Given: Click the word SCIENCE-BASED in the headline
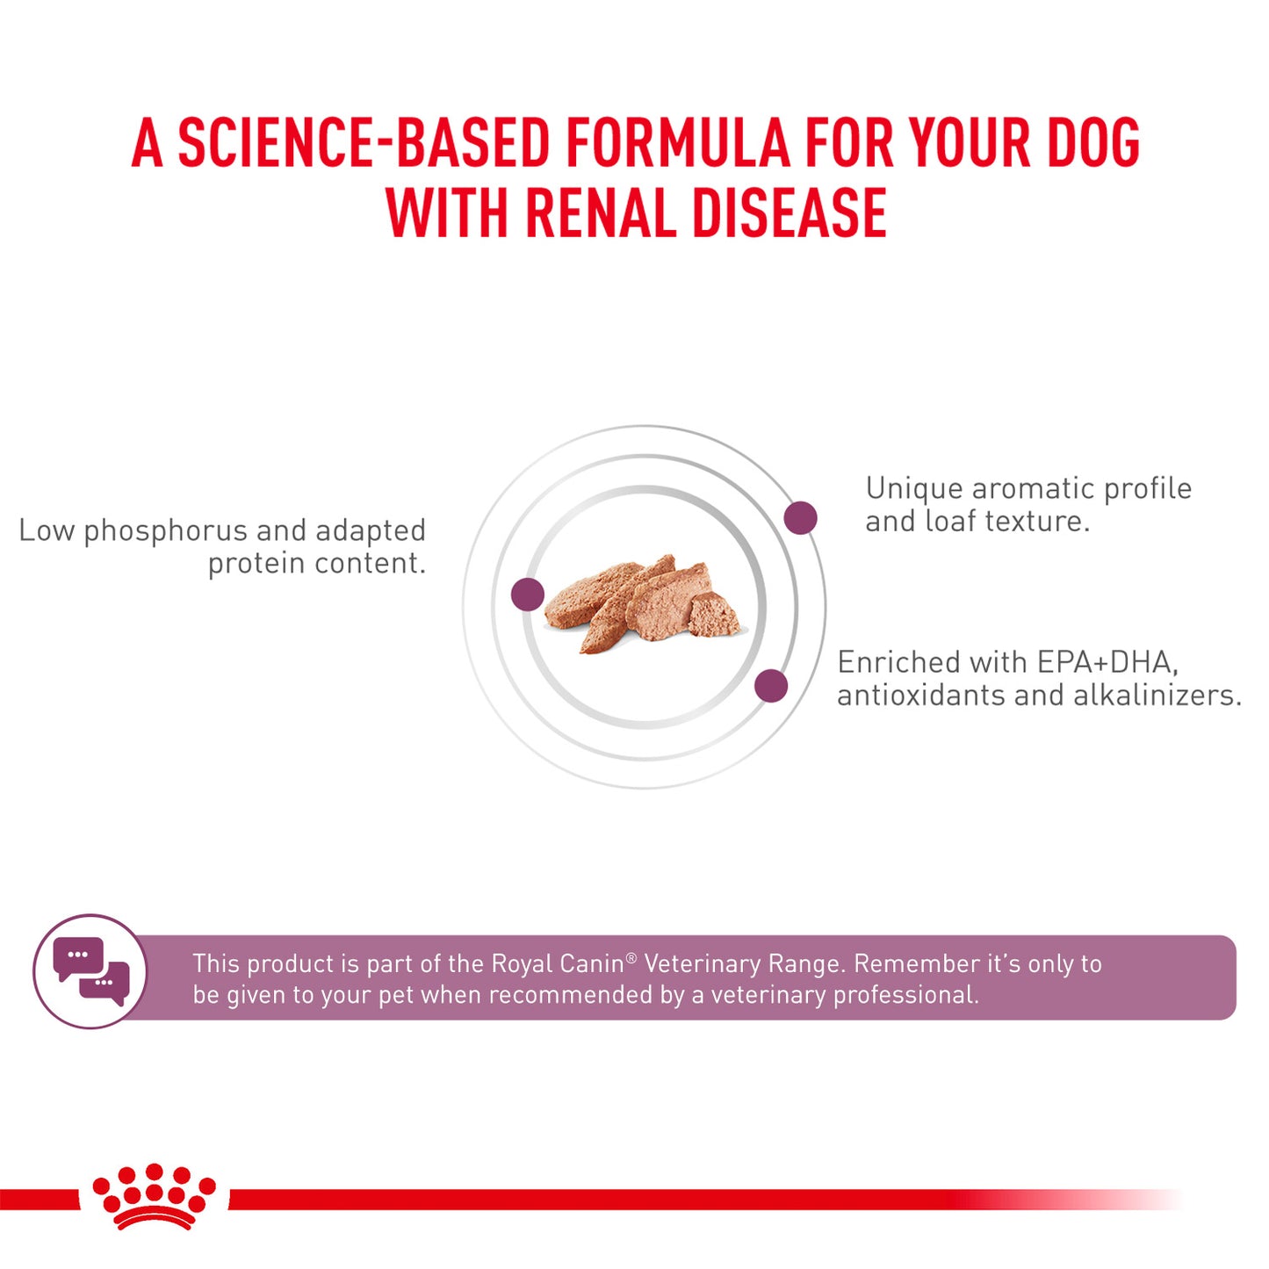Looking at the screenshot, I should [x=364, y=143].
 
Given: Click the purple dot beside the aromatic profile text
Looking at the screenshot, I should [x=800, y=517].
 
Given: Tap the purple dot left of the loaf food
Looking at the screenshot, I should [x=528, y=595].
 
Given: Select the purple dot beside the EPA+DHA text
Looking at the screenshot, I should [x=771, y=686].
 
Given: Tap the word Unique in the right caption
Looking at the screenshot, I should [x=914, y=488].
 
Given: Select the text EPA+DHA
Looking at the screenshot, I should [x=1107, y=662].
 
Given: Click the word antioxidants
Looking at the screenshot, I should [x=920, y=696].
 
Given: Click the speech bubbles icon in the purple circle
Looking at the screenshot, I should [x=91, y=971].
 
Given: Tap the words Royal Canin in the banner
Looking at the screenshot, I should [x=557, y=964].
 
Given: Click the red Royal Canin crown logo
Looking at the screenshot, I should [x=154, y=1196].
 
